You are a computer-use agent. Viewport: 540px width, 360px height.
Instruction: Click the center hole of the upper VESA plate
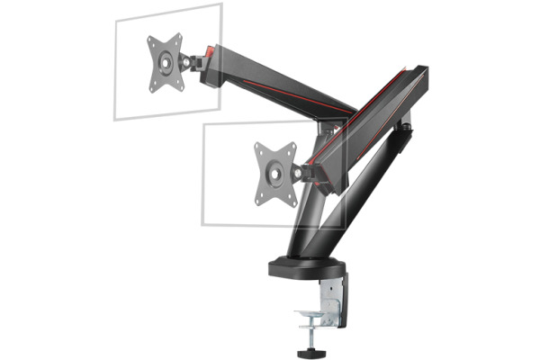click(x=166, y=63)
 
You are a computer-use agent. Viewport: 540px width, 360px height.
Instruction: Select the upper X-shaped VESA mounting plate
click(x=166, y=63)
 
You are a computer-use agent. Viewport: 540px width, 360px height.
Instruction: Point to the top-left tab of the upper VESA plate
click(x=150, y=41)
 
